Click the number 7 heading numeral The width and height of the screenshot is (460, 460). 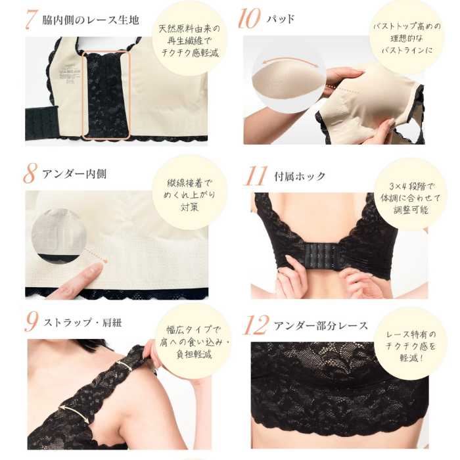click(30, 20)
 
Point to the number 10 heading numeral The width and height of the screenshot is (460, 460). click(249, 19)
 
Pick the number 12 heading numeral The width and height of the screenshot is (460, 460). click(256, 325)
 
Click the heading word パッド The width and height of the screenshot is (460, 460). click(281, 19)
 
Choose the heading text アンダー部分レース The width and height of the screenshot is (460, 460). click(321, 325)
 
